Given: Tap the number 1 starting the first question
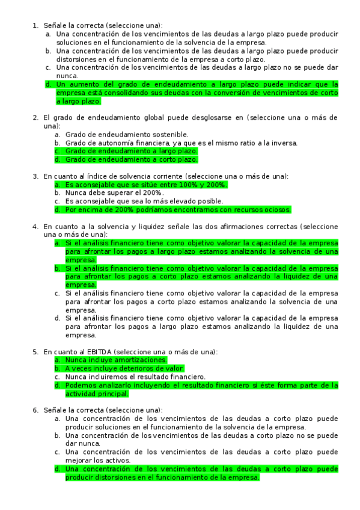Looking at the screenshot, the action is point(34,25).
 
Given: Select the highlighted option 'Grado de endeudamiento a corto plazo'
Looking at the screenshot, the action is point(131,159).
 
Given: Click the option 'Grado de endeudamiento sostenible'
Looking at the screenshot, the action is point(126,134).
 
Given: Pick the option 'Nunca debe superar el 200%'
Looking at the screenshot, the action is point(114,193).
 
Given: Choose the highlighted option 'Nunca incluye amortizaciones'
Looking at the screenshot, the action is point(116,360).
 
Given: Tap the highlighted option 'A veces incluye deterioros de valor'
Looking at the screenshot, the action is point(124,368).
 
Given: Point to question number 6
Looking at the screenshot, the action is point(34,410).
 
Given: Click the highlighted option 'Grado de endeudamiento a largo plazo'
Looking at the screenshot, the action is point(131,151).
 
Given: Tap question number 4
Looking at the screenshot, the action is point(34,227).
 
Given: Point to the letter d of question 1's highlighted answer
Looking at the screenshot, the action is point(48,85).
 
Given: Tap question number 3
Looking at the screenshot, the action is point(34,176).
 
